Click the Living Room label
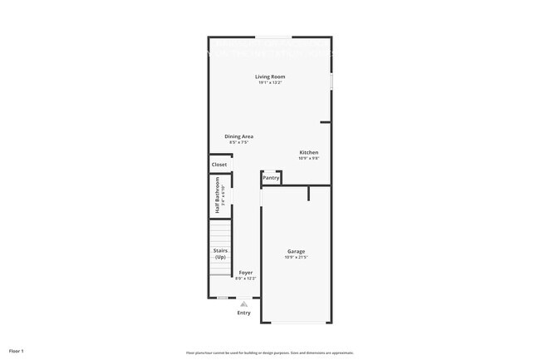point(271,76)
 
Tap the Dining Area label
point(238,136)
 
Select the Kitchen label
point(309,152)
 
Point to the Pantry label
point(271,177)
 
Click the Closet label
point(219,165)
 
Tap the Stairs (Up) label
point(220,254)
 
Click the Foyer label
point(246,273)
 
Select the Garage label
point(297,251)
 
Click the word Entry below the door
point(243,313)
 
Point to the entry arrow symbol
point(243,304)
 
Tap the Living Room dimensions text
point(271,82)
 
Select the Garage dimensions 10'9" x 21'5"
point(297,257)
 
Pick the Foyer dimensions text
point(246,279)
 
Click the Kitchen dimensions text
point(309,158)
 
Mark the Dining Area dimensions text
point(238,142)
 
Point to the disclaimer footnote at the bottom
point(270,353)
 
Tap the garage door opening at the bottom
point(297,323)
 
